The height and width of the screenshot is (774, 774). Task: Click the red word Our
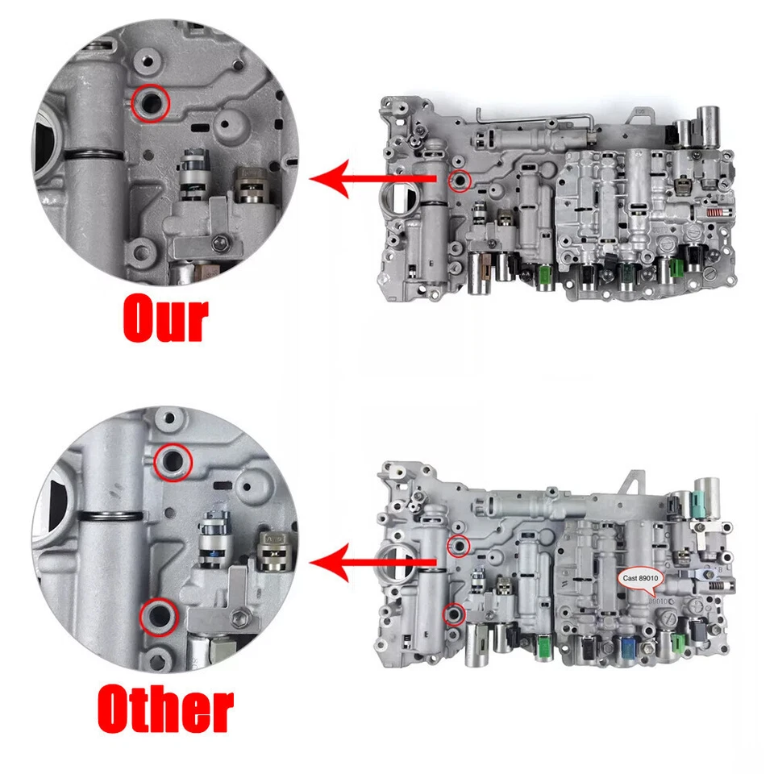coord(165,319)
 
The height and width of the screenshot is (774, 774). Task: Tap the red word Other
coord(165,709)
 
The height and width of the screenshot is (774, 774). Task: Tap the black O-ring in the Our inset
coord(94,155)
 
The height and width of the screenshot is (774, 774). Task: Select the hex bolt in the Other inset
coord(239,618)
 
